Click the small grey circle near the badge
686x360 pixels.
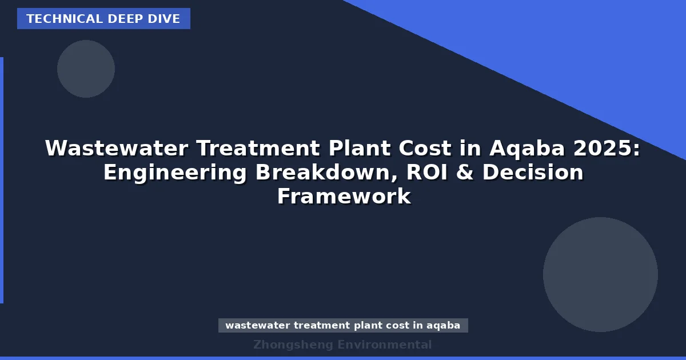[86, 69]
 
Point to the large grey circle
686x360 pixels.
[600, 274]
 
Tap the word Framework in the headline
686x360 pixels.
[344, 197]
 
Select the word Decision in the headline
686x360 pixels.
[533, 173]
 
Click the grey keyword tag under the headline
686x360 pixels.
[343, 326]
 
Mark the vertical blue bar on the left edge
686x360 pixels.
[2, 180]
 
